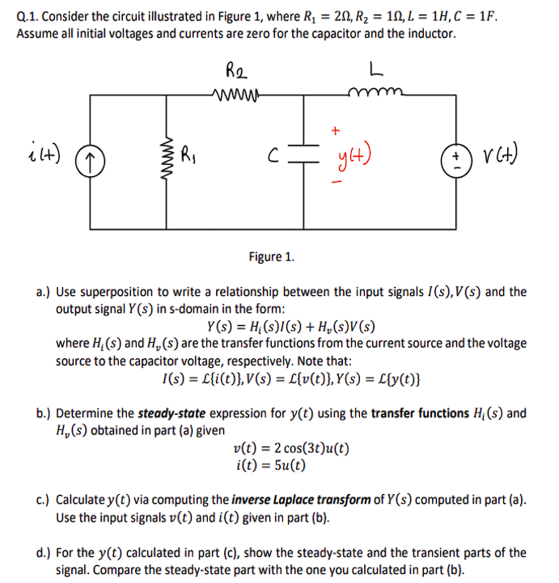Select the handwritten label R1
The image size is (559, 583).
point(188,150)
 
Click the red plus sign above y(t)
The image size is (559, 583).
point(335,129)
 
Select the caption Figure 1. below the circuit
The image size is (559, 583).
point(272,256)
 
